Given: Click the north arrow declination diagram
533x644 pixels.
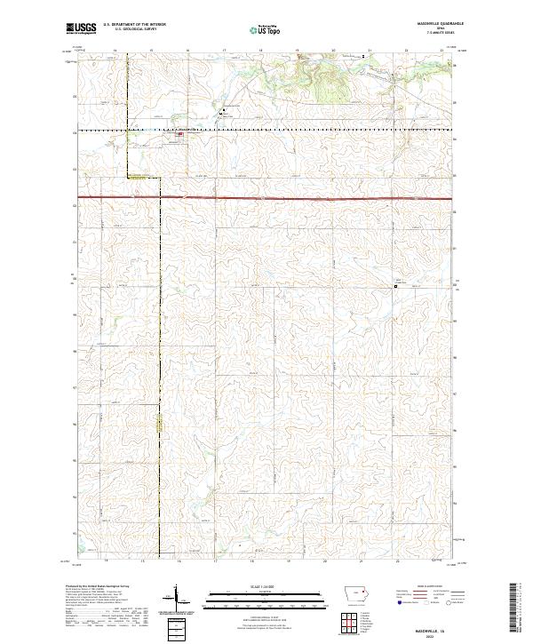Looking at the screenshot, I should click(x=177, y=599).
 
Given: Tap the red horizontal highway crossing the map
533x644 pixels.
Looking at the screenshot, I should click(x=266, y=196).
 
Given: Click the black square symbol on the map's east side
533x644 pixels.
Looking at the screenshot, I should click(x=396, y=286).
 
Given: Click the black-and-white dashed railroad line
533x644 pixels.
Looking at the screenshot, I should click(x=311, y=131).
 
